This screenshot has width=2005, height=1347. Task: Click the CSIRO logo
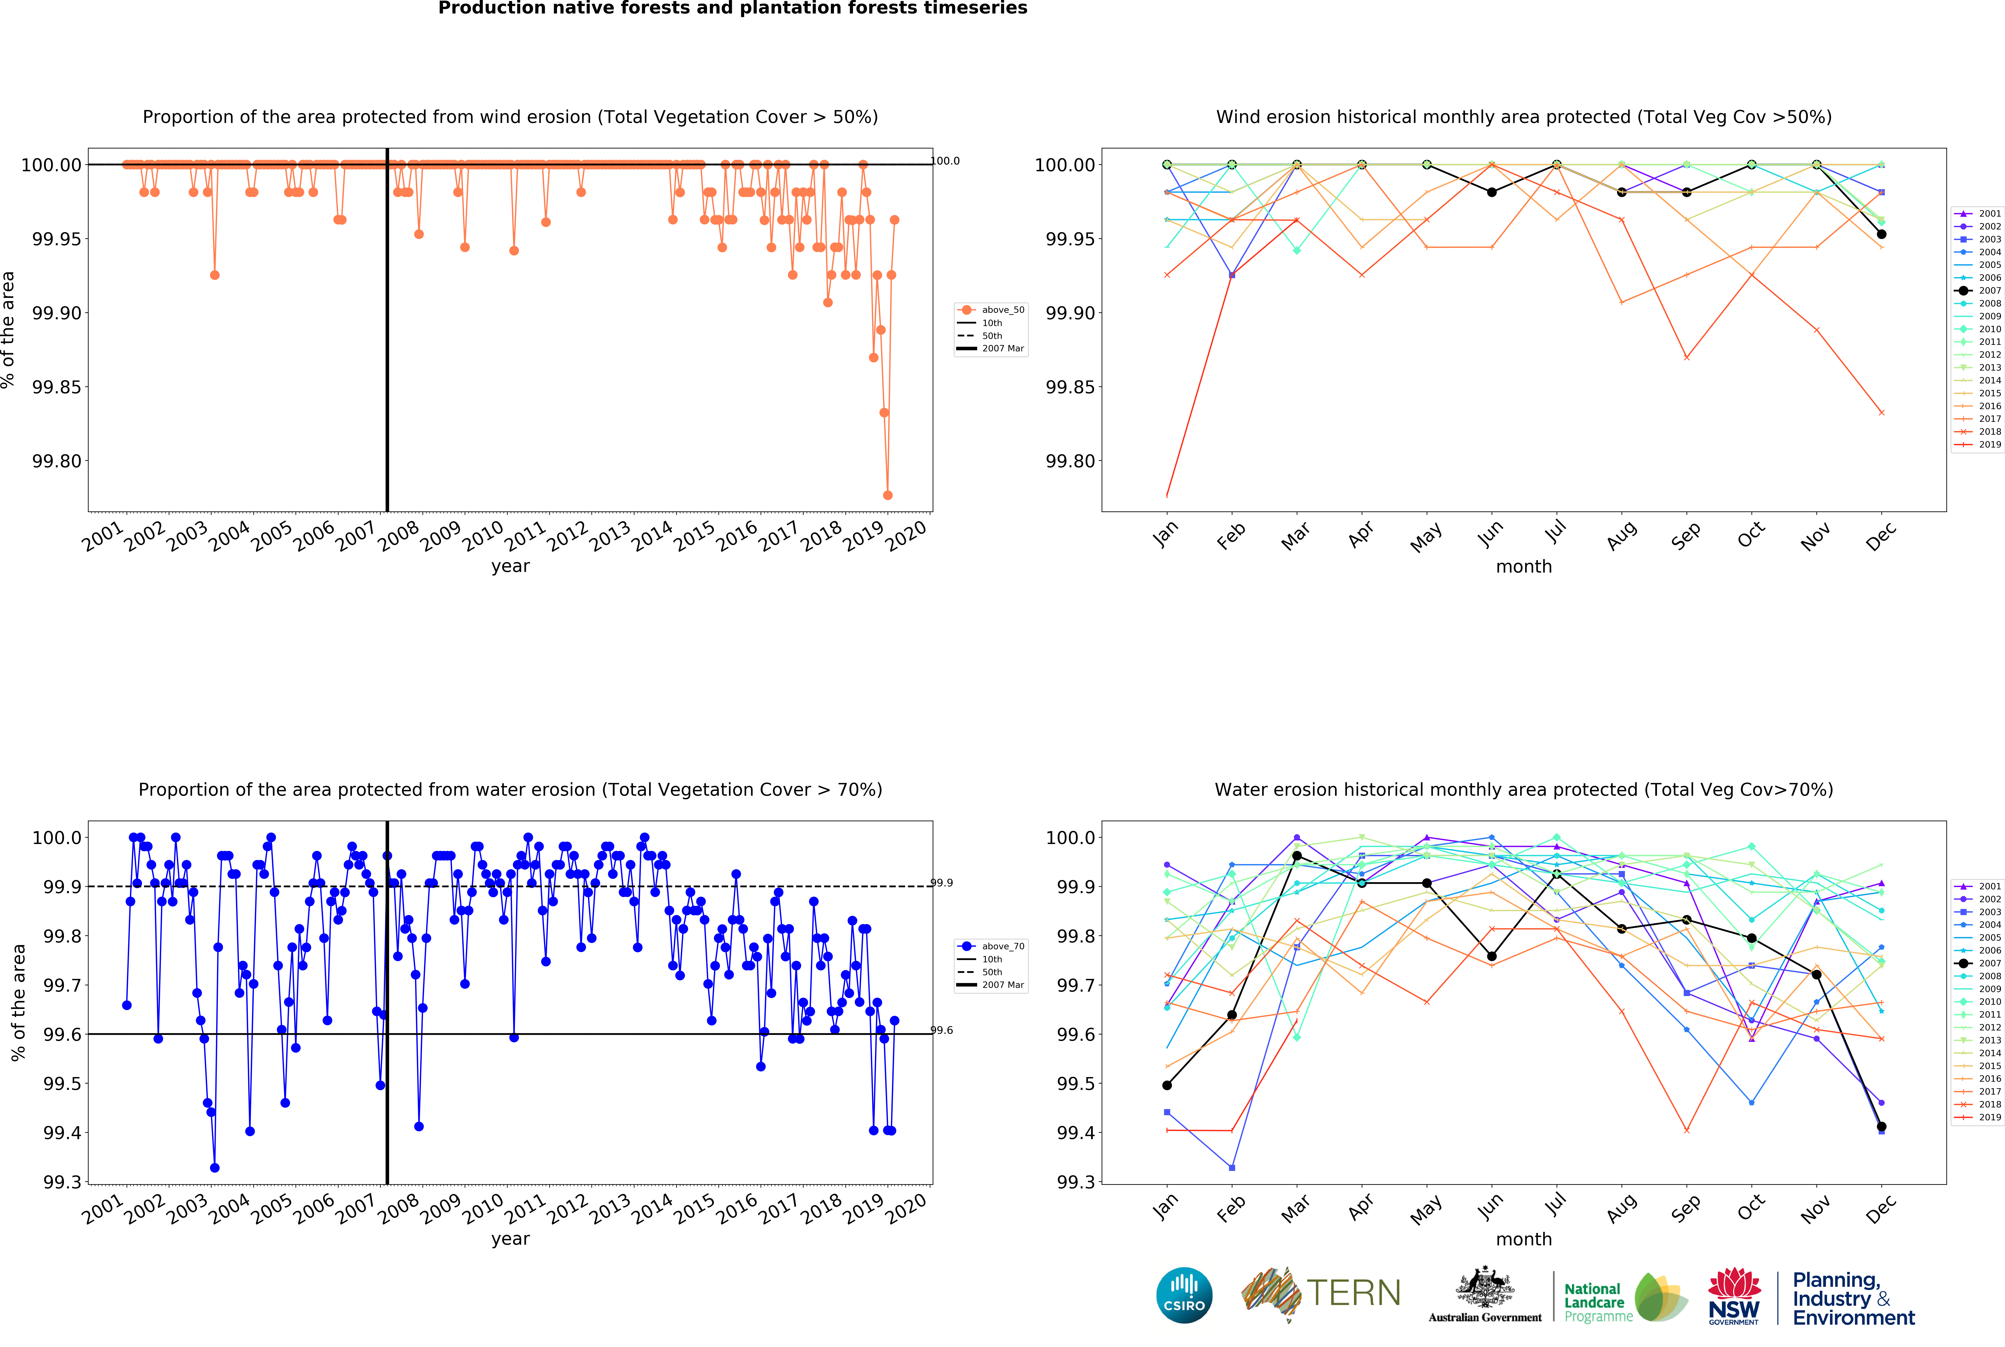click(1184, 1296)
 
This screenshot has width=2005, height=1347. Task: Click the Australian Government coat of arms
click(1484, 1289)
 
